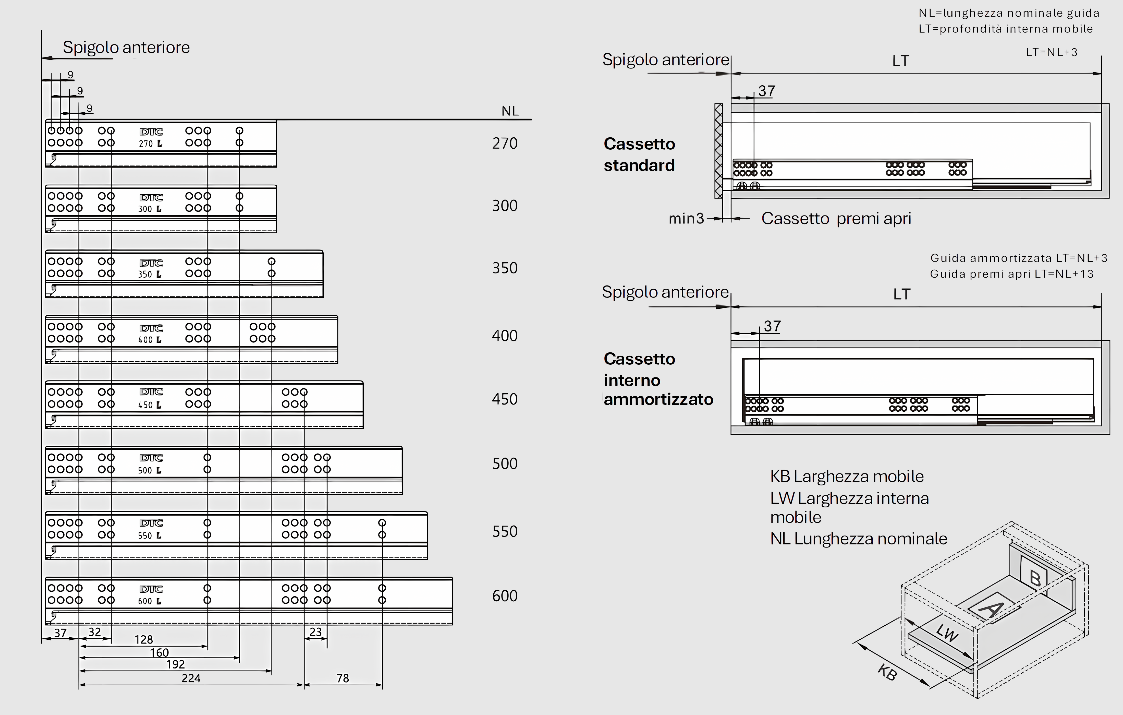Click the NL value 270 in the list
tap(505, 143)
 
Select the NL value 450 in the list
tap(505, 399)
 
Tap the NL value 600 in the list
tap(505, 596)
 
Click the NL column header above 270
tap(510, 111)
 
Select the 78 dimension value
tap(343, 678)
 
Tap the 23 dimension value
tap(316, 632)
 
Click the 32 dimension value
tap(95, 633)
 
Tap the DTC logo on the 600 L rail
tap(151, 589)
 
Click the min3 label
tap(686, 218)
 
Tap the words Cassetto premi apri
tap(836, 218)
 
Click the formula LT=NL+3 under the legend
tap(1052, 52)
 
